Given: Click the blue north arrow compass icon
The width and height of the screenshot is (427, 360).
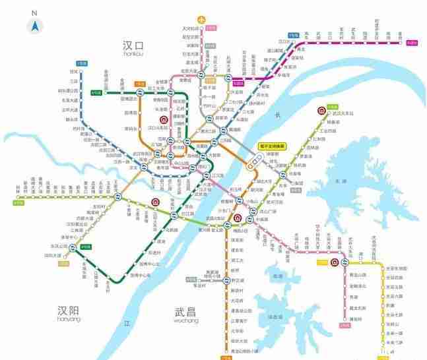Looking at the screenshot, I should coord(35,26).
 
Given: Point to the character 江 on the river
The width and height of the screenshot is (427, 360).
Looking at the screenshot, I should coord(128,324).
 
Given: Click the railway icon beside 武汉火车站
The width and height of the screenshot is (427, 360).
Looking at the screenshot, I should coord(321,111).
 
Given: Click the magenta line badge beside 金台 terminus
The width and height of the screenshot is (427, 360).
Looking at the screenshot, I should coord(412,44).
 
